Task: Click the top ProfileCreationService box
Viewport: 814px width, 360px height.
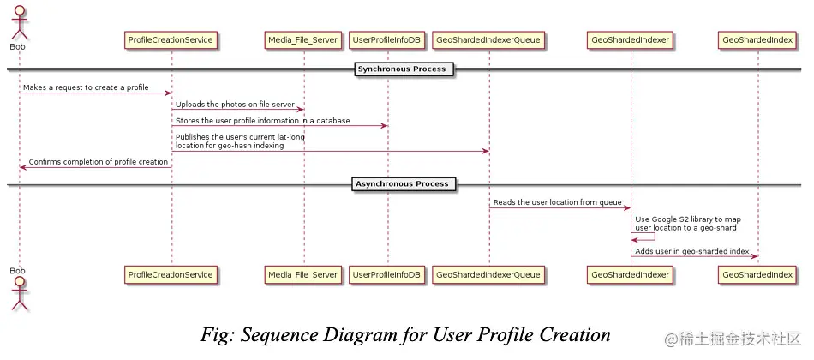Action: click(170, 39)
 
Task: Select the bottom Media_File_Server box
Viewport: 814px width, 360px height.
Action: click(303, 274)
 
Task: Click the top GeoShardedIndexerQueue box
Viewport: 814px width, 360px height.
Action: click(488, 39)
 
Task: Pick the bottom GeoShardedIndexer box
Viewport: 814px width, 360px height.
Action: click(630, 274)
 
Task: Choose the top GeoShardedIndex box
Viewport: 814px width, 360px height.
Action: click(757, 39)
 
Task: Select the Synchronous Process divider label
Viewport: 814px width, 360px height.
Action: click(402, 69)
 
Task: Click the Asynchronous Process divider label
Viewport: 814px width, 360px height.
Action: click(402, 183)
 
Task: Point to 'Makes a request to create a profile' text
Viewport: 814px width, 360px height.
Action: click(86, 87)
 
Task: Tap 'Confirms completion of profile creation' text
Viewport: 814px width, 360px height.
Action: click(98, 161)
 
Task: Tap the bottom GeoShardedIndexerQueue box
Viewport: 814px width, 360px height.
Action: click(488, 274)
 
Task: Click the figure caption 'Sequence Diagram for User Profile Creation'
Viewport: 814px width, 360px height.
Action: click(405, 333)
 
